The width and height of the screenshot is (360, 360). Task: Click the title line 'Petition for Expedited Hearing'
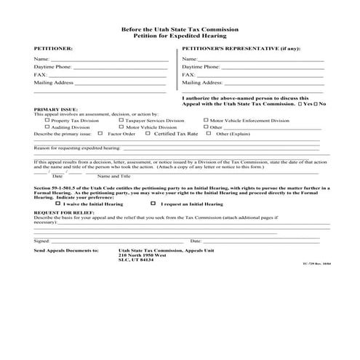(180, 35)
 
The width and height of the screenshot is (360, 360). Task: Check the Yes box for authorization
(300, 104)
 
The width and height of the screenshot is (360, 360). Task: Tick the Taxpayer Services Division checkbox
(120, 120)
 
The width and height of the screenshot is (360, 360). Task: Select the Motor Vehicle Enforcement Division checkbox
(206, 120)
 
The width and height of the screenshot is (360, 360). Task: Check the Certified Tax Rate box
(148, 133)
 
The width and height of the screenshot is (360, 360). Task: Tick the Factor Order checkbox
(102, 133)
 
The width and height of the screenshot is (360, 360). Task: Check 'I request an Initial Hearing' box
(153, 204)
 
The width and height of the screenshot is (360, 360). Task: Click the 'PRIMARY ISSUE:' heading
(54, 108)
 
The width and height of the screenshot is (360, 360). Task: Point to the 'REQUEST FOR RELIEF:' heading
(60, 211)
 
